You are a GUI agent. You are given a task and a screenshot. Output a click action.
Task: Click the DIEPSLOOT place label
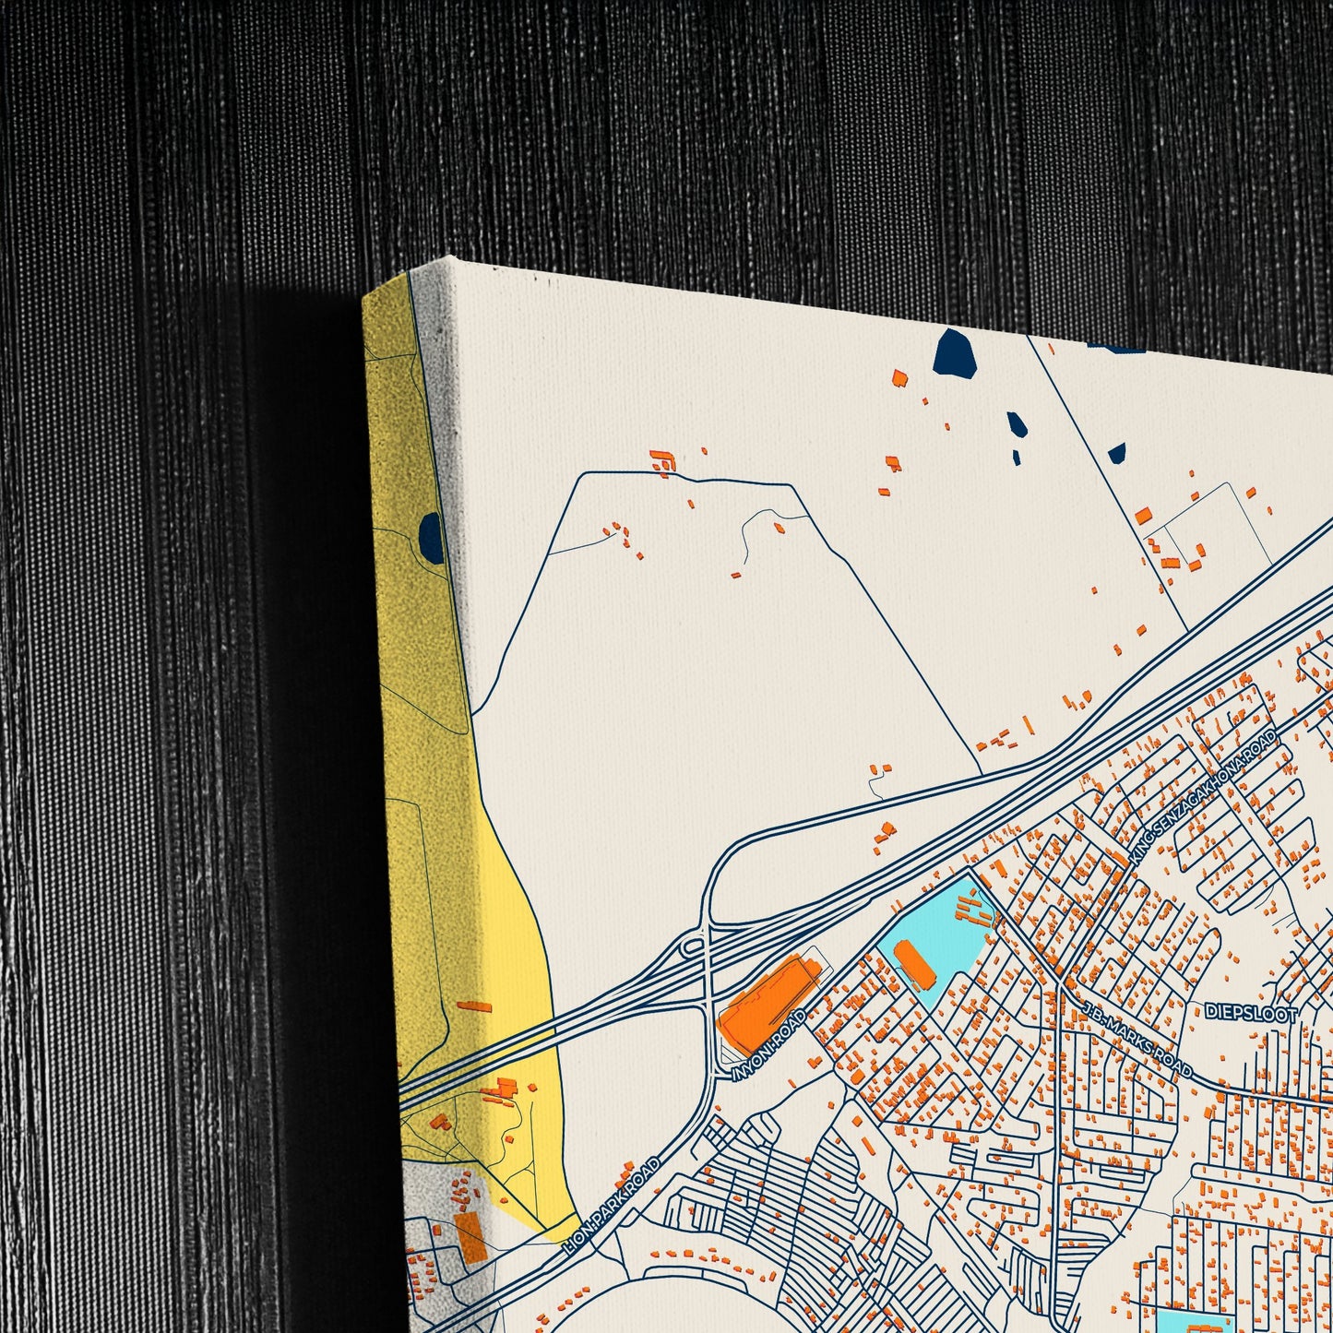(1251, 1012)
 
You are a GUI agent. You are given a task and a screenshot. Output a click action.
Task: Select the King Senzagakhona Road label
(1203, 796)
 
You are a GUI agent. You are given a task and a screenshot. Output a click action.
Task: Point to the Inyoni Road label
(768, 1045)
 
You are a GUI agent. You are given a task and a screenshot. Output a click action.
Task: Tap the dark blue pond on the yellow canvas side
(431, 539)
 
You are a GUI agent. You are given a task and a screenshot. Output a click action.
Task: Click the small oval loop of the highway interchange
(692, 946)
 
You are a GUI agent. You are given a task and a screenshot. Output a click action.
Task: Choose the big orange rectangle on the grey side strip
(470, 1237)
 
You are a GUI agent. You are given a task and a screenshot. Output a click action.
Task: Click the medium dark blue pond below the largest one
(1017, 425)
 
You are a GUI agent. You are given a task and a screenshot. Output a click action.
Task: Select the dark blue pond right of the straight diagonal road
(1117, 453)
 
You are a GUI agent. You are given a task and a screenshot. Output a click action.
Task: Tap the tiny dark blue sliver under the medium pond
(1016, 457)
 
